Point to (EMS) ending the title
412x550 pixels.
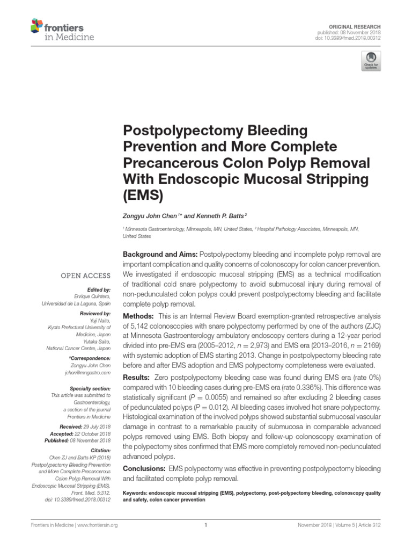[x=144, y=194]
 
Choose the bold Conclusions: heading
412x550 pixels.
[x=145, y=468]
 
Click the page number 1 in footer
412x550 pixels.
[x=206, y=525]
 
